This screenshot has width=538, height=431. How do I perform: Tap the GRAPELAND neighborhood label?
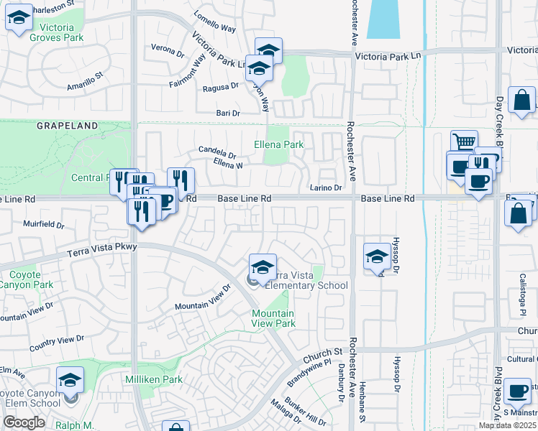67,126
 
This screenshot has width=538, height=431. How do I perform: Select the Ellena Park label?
278,144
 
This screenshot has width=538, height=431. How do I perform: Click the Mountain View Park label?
273,318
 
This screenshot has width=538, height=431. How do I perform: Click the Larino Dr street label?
326,187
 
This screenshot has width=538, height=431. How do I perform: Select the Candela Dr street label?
217,153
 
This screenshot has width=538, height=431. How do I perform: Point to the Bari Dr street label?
228,113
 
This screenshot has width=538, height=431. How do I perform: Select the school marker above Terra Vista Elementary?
263,267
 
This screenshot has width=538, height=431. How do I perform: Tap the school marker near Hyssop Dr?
377,256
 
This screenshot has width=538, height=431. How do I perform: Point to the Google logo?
24,422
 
